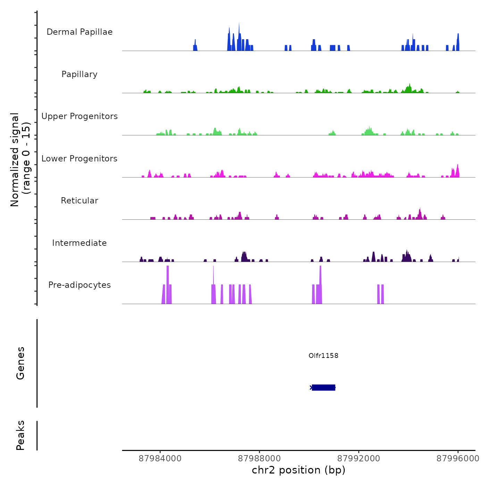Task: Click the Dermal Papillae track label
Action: (x=79, y=32)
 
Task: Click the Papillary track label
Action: (x=79, y=74)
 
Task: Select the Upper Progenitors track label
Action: (x=79, y=116)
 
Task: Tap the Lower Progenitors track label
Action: (x=79, y=159)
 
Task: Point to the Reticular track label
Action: (x=79, y=201)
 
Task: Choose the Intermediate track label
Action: (x=79, y=243)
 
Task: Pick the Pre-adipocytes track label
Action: (x=79, y=285)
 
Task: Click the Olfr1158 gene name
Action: (x=323, y=355)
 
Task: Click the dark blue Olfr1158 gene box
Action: (x=324, y=387)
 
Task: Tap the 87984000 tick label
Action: (x=160, y=459)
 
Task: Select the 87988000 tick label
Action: (x=259, y=459)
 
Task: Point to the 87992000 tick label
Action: (x=359, y=459)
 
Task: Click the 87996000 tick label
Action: (x=458, y=459)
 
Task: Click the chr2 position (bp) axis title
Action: (x=299, y=470)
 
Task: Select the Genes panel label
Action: (x=20, y=363)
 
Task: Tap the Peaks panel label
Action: (x=20, y=435)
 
